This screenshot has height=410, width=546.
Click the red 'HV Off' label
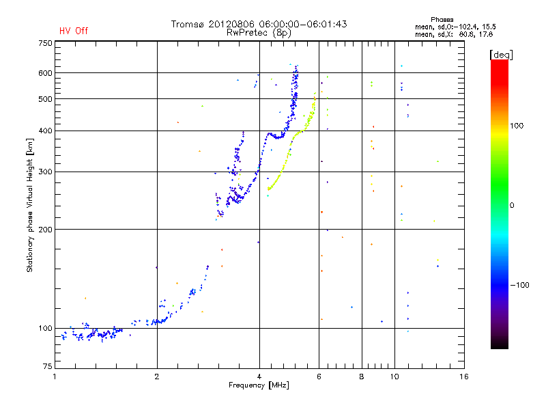click(x=73, y=31)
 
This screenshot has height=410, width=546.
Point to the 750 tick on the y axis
click(x=45, y=43)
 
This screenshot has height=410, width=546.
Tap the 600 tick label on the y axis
click(x=45, y=73)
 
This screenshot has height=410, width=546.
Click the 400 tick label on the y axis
click(x=45, y=131)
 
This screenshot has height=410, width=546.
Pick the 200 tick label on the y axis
click(x=45, y=229)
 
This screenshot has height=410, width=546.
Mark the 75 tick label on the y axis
click(x=47, y=367)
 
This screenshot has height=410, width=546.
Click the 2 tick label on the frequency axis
click(x=157, y=377)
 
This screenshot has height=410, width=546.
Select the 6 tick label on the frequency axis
click(x=319, y=377)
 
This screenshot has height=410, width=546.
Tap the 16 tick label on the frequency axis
click(x=463, y=377)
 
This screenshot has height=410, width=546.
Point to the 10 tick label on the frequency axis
click(x=394, y=377)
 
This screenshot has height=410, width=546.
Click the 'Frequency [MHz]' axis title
click(x=259, y=386)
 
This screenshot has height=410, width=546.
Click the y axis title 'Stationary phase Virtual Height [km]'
click(x=30, y=205)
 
